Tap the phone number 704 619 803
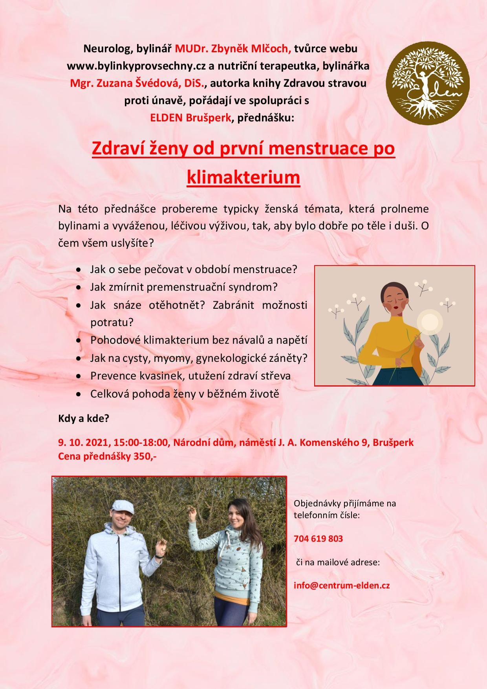pos(318,539)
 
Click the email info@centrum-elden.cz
pos(342,585)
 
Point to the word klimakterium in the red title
pos(243,178)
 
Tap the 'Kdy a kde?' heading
pos(83,419)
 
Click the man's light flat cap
pos(122,507)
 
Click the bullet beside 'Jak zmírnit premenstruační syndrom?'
pos(79,288)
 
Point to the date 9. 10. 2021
pos(84,443)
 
